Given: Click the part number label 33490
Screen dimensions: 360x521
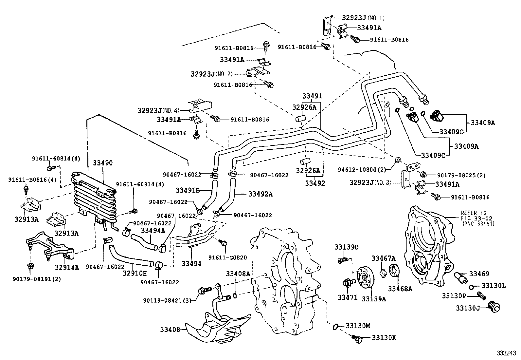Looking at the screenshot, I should point(102,163).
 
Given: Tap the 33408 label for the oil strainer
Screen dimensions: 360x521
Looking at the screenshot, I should point(170,330).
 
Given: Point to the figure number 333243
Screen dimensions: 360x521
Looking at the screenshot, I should point(506,353).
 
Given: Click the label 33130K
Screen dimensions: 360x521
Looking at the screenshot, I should point(383,337).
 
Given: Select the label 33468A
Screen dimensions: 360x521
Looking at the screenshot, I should point(400,289).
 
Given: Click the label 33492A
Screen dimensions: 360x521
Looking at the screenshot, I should point(260,194).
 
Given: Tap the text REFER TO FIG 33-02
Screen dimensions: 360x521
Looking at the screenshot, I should point(476,216).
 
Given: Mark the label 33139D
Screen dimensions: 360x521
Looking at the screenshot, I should point(346,247).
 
